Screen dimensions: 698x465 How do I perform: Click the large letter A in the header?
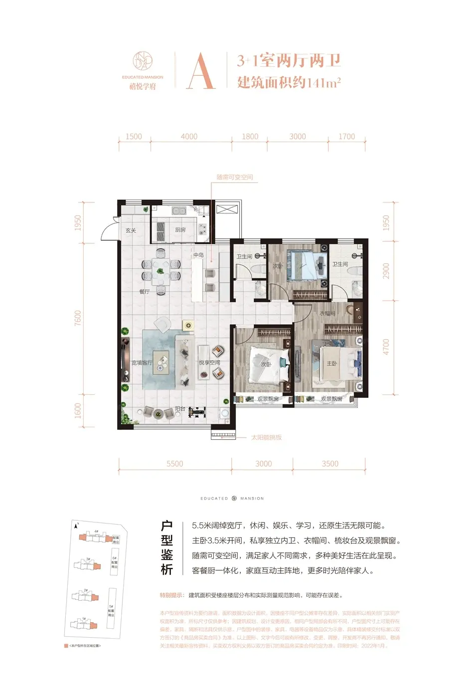[x=201, y=71]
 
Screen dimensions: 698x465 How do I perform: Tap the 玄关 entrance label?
[x=131, y=230]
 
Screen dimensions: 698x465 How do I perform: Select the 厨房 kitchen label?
[x=180, y=230]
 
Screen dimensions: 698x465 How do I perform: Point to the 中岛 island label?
[x=198, y=255]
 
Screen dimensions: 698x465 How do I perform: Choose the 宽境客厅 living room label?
[x=142, y=362]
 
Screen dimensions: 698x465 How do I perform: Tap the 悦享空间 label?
[x=209, y=362]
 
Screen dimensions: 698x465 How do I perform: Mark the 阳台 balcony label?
[x=180, y=409]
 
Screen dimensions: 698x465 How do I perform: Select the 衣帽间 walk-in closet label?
[x=327, y=313]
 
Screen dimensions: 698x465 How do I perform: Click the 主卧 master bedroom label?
[x=332, y=363]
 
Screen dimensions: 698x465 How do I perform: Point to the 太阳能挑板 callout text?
[x=266, y=437]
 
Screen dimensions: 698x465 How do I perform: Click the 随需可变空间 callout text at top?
[x=235, y=177]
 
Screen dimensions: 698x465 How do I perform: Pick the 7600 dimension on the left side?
[x=78, y=318]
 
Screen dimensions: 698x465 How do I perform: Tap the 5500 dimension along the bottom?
[x=174, y=464]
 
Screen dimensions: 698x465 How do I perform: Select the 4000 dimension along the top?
[x=189, y=136]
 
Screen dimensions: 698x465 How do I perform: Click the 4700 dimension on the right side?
[x=386, y=347]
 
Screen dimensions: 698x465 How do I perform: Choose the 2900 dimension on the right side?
[x=386, y=271]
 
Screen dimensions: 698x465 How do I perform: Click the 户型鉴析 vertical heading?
[x=166, y=547]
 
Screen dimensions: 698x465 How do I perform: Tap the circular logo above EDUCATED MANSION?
[x=143, y=61]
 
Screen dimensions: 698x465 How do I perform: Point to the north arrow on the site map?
[x=76, y=525]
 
